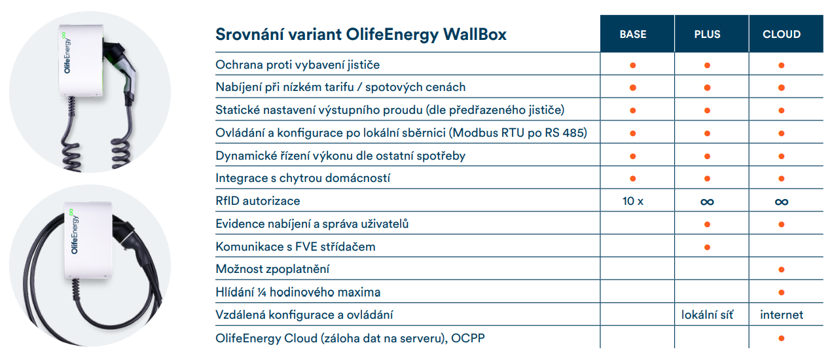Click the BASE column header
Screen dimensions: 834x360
pos(632,34)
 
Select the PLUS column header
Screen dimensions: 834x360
pos(707,34)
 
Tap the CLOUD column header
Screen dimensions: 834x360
pos(782,34)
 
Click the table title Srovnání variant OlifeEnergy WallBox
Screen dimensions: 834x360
pos(361,35)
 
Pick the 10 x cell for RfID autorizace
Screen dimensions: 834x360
pos(632,202)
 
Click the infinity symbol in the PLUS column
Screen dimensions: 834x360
pos(707,202)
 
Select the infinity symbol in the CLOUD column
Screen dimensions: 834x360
pos(782,202)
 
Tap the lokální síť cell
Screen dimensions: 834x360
pos(707,315)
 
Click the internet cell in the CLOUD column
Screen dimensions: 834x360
pos(782,315)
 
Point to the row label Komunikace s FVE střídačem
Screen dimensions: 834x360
pos(295,247)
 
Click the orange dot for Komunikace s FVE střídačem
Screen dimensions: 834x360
pos(707,247)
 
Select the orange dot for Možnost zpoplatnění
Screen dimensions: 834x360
pos(782,270)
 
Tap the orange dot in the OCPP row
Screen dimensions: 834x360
pos(782,338)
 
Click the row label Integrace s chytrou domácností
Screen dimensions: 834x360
pos(302,178)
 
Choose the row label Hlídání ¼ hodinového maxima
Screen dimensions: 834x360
pos(298,292)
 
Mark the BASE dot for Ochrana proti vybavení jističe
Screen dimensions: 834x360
pos(632,65)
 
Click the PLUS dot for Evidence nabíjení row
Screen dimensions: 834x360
pos(707,225)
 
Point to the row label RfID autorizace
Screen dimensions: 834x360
pos(258,201)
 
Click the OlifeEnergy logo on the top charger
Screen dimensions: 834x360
pos(66,52)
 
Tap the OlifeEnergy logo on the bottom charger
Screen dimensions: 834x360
pos(74,232)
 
